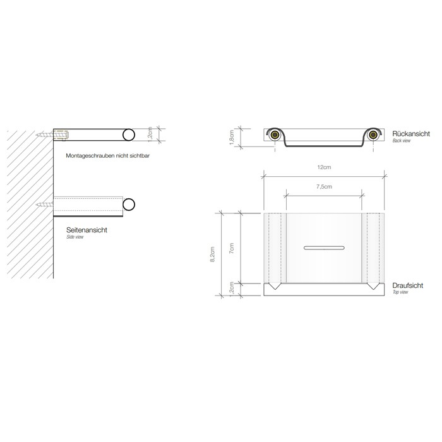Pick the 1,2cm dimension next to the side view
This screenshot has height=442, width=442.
149,133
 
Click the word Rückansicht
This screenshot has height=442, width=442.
410,134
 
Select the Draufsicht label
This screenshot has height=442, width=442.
407,285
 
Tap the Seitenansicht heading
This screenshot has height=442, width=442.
87,231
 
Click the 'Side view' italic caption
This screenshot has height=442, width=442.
76,238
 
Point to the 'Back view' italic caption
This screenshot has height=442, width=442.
402,141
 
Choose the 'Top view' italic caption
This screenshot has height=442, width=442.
400,292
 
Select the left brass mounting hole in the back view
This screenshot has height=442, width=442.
275,134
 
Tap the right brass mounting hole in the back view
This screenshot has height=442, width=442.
375,134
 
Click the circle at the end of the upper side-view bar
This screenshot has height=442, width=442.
129,134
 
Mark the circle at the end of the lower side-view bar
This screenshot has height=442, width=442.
129,204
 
